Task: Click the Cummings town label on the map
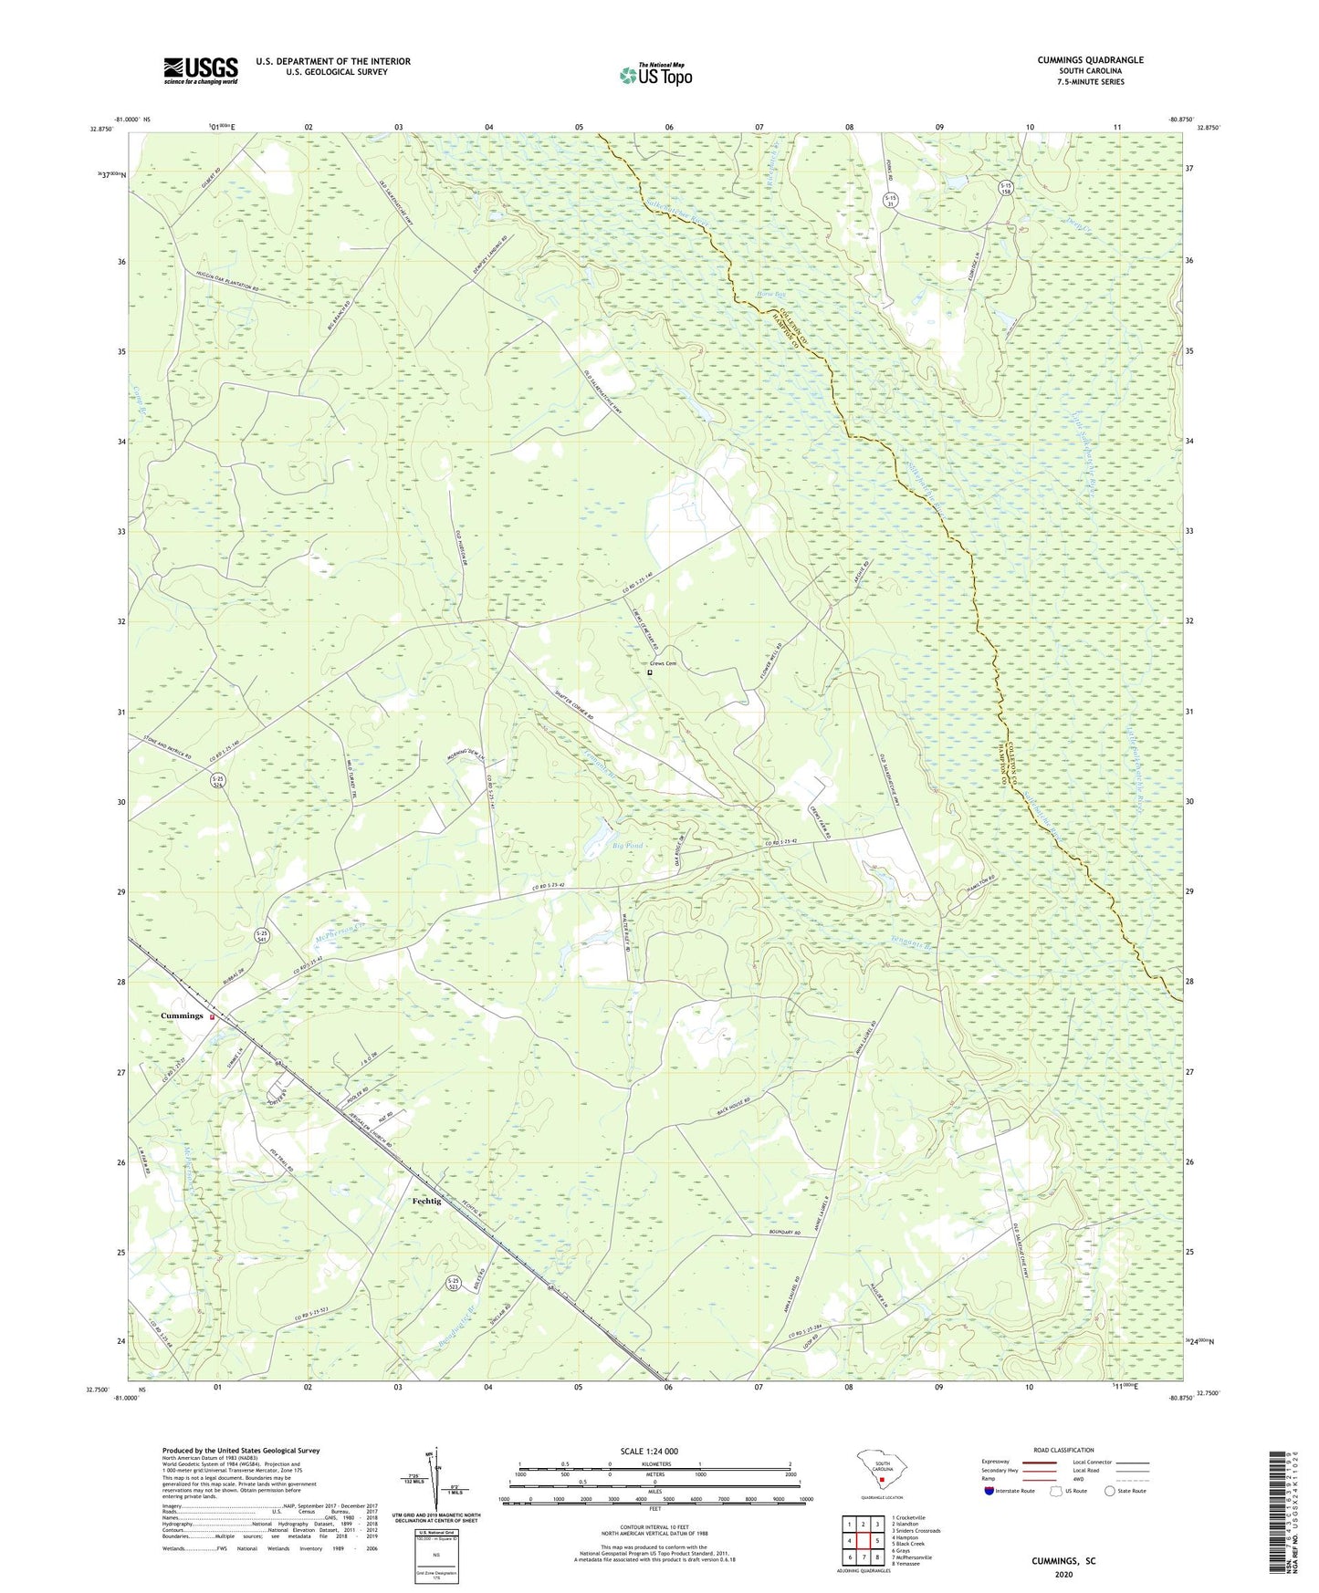click(182, 1015)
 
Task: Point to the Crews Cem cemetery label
click(664, 664)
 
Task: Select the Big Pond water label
click(627, 846)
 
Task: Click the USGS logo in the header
click(201, 70)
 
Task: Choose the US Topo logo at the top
click(655, 75)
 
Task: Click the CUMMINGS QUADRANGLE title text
click(1090, 60)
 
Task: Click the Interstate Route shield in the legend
click(990, 1491)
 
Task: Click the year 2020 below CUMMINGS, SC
click(1063, 1574)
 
